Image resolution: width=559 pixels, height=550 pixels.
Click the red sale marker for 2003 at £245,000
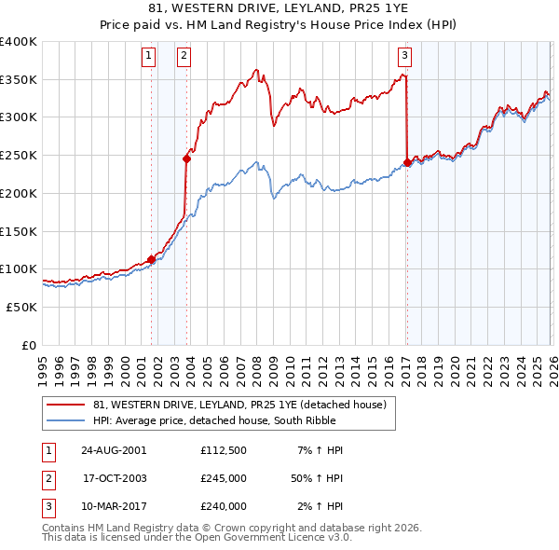pos(187,158)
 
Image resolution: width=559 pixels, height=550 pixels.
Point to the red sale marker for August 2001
pos(151,259)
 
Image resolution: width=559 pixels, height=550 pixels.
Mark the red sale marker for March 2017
pos(407,162)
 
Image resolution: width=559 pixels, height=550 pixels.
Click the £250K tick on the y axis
pos(19,155)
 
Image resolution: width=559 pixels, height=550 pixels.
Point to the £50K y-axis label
pos(22,307)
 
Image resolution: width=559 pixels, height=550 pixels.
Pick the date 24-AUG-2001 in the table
pos(113,450)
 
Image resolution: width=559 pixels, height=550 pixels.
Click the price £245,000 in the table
pos(223,478)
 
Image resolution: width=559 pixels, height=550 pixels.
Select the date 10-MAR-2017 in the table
pos(113,506)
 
